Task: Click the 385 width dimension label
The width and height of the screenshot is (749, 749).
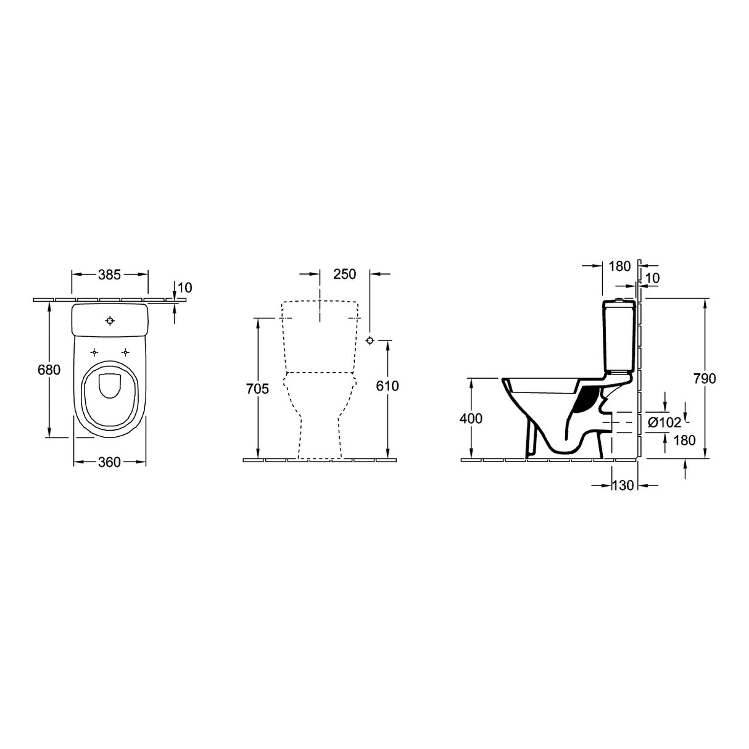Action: pos(109,275)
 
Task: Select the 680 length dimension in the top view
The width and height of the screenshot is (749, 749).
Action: pos(49,370)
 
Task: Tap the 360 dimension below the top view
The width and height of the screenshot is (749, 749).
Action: pos(109,462)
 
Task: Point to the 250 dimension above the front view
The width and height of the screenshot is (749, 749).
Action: pos(345,275)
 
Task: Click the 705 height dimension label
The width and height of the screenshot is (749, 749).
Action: pos(257,389)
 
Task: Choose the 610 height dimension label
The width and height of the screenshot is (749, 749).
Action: pos(387,386)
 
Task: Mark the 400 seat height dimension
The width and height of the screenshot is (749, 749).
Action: pos(471,419)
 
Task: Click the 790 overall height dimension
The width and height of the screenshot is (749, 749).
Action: pos(705,379)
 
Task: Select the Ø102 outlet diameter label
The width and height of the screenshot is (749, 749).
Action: pos(664,423)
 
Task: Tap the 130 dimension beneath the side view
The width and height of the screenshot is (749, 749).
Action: pos(623,486)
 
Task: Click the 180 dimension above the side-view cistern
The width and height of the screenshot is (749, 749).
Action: pos(619,267)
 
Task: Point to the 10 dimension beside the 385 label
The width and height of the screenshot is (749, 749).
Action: pos(185,288)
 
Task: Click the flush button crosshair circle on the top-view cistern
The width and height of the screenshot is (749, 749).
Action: pos(110,321)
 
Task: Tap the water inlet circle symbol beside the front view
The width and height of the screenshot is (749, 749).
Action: pos(370,341)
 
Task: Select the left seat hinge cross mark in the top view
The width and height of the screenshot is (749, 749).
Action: pos(94,352)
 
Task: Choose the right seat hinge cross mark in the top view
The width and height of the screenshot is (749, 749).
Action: pos(126,352)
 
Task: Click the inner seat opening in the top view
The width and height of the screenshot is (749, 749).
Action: pos(110,387)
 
